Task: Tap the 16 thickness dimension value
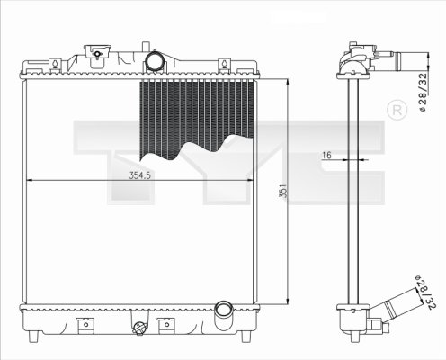(326, 156)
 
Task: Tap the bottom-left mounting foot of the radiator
(33, 337)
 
